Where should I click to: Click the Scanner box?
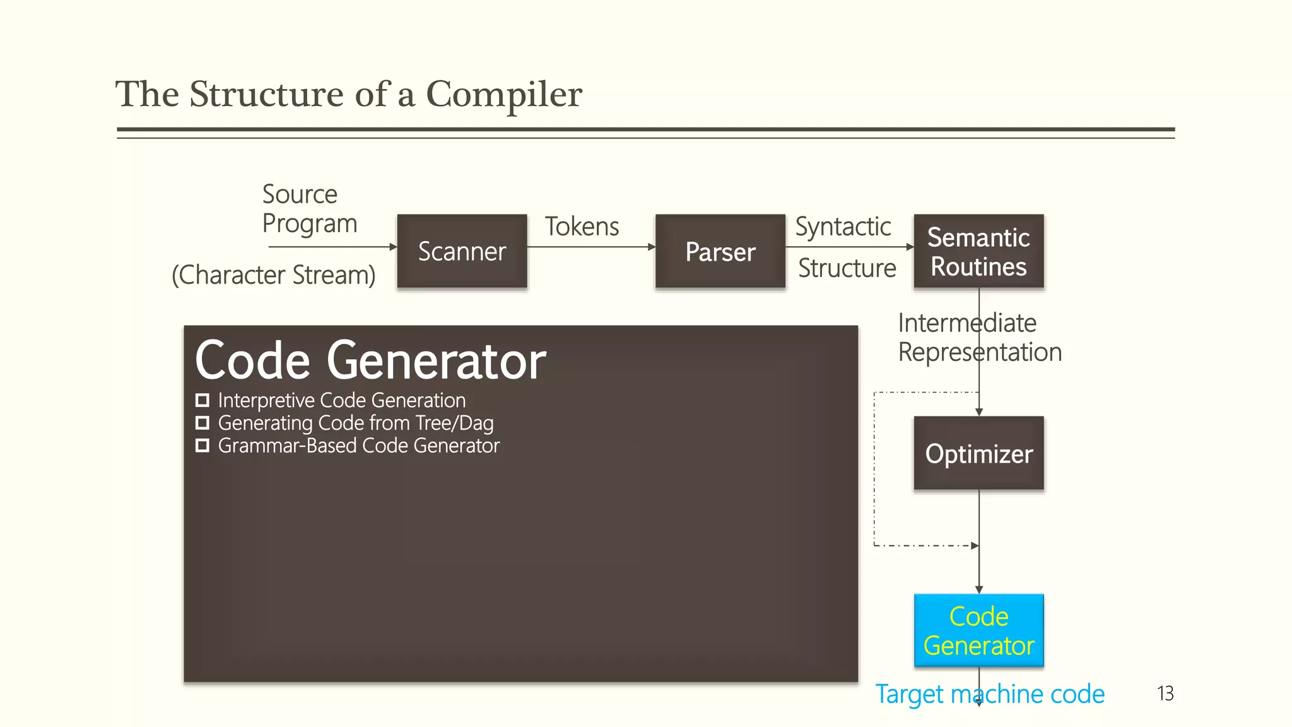pyautogui.click(x=462, y=251)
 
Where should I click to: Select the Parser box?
pyautogui.click(x=720, y=251)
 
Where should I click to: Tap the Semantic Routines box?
pyautogui.click(x=978, y=251)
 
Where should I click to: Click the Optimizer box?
pyautogui.click(x=978, y=453)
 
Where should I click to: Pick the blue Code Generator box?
pyautogui.click(x=978, y=630)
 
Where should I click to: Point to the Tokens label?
pyautogui.click(x=582, y=227)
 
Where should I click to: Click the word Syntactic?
pyautogui.click(x=843, y=227)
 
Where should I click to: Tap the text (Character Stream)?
pyautogui.click(x=274, y=275)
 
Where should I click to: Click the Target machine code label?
pyautogui.click(x=989, y=694)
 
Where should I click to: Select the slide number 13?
pyautogui.click(x=1165, y=694)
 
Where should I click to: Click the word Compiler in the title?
pyautogui.click(x=503, y=95)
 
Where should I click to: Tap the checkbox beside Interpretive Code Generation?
pyautogui.click(x=203, y=400)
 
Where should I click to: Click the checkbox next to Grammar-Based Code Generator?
pyautogui.click(x=203, y=446)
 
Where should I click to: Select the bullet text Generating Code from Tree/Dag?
pyautogui.click(x=355, y=423)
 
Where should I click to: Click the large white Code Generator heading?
pyautogui.click(x=370, y=360)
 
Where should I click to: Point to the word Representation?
pyautogui.click(x=980, y=352)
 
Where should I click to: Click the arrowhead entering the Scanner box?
pyautogui.click(x=393, y=247)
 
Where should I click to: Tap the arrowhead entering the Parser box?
pyautogui.click(x=652, y=247)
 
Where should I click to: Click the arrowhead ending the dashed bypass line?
pyautogui.click(x=975, y=545)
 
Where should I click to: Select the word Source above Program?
pyautogui.click(x=300, y=194)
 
